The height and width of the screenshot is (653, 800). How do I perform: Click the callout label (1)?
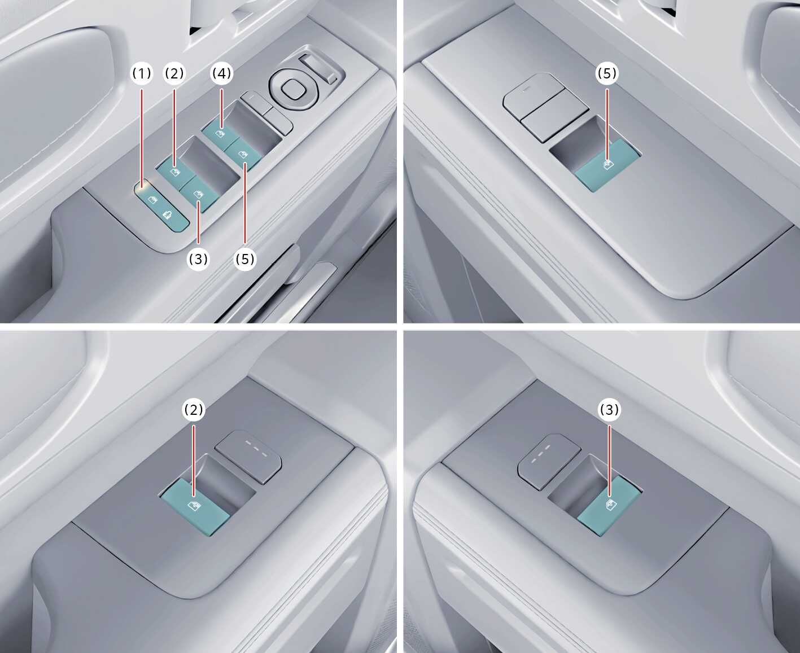[x=142, y=73]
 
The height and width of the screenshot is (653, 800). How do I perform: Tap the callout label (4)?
[x=221, y=73]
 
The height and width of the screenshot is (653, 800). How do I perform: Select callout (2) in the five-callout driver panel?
[x=174, y=73]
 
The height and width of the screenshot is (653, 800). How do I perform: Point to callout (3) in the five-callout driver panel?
[x=198, y=260]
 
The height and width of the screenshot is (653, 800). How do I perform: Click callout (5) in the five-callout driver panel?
[x=245, y=260]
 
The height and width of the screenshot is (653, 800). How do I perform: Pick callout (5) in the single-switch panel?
[x=607, y=73]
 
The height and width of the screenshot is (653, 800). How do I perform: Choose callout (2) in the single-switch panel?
[x=194, y=410]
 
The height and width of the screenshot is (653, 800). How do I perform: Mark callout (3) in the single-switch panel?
[x=609, y=410]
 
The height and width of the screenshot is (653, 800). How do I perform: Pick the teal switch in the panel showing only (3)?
[x=609, y=506]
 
